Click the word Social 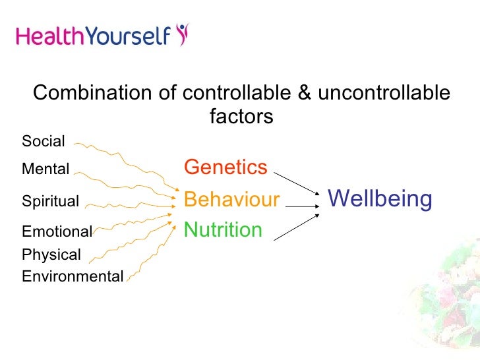coord(44,141)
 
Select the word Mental coord(45,169)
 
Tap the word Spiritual coord(51,201)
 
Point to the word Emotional coord(57,231)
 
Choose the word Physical coord(51,255)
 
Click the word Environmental coord(73,276)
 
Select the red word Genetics coord(225,167)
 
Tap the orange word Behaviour coord(231,200)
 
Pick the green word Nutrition coord(223,230)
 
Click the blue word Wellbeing coord(380,198)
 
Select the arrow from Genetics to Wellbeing coord(297,184)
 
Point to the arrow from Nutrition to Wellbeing coord(297,227)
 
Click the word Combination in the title coord(91,94)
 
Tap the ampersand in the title coord(304,94)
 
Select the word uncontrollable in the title coord(384,94)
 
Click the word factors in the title coord(241,117)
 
